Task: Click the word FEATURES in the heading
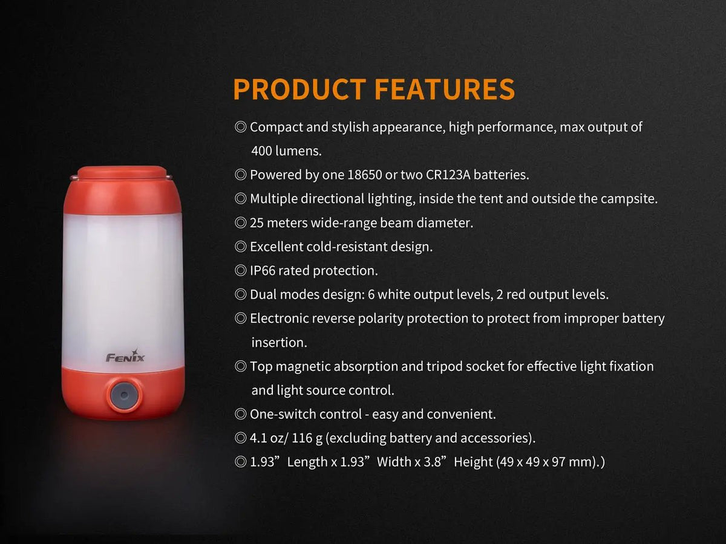click(x=445, y=89)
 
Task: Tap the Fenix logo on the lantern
click(x=125, y=356)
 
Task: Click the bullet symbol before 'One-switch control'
click(x=240, y=415)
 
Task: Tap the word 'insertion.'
click(x=279, y=343)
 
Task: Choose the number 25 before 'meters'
click(x=257, y=223)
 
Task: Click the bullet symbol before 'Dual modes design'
click(x=240, y=295)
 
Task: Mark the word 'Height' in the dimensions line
click(x=473, y=462)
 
